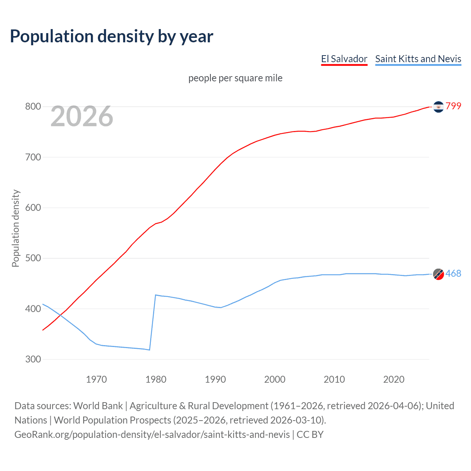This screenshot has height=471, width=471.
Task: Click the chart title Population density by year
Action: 111,36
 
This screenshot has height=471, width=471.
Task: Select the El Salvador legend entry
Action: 344,59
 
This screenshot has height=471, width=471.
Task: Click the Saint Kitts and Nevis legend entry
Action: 418,59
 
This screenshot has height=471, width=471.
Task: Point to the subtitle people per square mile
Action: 235,78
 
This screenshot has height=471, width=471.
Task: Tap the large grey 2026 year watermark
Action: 82,116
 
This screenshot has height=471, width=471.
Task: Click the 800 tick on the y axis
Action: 33,107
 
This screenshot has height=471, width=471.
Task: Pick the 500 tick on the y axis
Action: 33,258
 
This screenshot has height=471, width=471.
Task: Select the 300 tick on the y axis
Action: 33,359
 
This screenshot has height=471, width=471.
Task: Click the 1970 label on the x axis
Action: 96,379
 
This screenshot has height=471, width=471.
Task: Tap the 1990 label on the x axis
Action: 215,379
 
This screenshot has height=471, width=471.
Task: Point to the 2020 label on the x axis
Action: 394,379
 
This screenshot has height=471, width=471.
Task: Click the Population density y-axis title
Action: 15,228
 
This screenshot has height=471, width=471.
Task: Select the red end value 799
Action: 453,106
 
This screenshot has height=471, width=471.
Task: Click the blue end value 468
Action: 453,273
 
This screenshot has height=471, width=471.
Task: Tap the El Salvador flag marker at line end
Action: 438,107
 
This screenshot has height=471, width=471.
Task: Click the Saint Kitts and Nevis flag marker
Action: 438,274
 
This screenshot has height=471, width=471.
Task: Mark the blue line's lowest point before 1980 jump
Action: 149,350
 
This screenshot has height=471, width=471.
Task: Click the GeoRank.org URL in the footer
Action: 152,435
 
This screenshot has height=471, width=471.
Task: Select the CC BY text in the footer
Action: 310,435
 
